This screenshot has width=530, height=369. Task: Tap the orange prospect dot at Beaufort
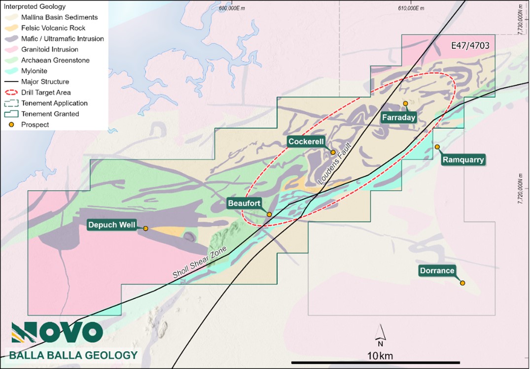click(269, 214)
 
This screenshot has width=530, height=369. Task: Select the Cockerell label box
click(306, 142)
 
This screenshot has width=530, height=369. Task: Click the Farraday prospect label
click(398, 117)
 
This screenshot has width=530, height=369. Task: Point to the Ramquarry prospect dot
click(437, 147)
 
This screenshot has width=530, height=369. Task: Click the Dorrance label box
click(437, 270)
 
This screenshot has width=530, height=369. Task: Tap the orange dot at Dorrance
click(462, 283)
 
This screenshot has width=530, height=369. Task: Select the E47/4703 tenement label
click(470, 45)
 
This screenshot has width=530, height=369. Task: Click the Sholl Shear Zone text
click(200, 261)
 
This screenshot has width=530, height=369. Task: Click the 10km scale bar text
click(380, 356)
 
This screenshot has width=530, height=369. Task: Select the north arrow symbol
click(380, 334)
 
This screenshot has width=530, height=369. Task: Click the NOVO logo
click(57, 332)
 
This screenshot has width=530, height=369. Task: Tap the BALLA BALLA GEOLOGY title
click(73, 355)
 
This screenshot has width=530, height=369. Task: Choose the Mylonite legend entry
click(34, 71)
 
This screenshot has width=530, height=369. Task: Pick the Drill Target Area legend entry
click(46, 92)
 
